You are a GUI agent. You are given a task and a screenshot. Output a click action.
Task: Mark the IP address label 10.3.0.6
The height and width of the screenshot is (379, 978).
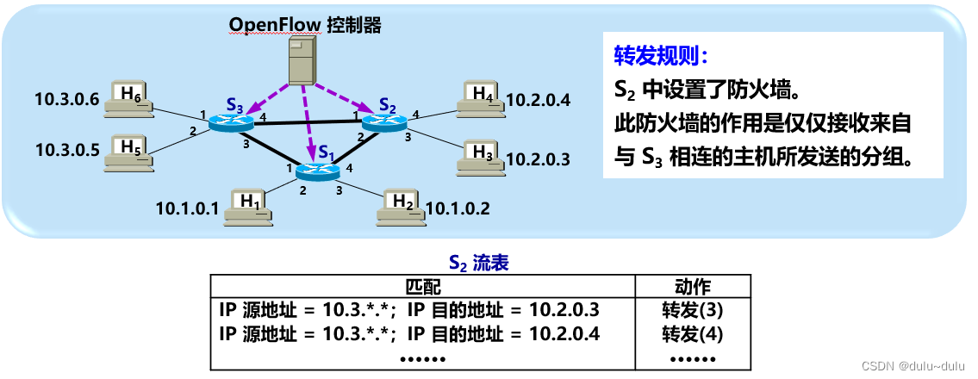67,98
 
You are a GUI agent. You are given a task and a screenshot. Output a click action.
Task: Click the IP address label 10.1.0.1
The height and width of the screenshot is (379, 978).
188,208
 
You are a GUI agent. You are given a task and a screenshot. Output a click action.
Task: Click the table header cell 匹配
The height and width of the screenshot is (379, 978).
422,287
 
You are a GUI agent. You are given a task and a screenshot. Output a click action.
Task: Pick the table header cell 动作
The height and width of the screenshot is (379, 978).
692,287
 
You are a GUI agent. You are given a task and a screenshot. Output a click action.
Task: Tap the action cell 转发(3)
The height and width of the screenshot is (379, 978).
692,310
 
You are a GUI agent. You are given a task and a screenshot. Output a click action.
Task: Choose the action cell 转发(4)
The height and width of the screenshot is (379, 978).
692,333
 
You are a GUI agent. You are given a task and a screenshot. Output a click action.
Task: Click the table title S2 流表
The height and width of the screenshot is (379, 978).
479,262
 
